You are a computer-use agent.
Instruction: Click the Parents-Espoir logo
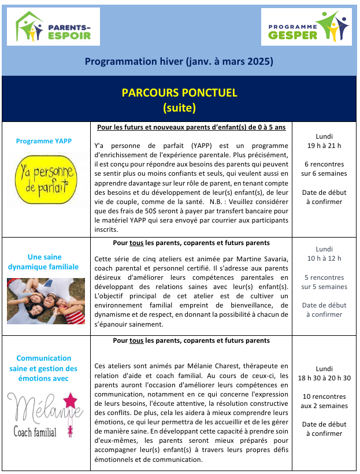click(x=57, y=27)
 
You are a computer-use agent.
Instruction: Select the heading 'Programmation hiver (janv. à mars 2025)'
click(x=179, y=61)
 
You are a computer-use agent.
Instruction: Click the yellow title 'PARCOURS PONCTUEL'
click(x=180, y=93)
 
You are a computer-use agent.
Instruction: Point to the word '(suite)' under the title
click(x=180, y=107)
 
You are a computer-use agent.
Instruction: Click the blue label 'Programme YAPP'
click(x=44, y=141)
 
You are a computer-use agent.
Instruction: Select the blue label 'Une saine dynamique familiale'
click(x=44, y=262)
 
